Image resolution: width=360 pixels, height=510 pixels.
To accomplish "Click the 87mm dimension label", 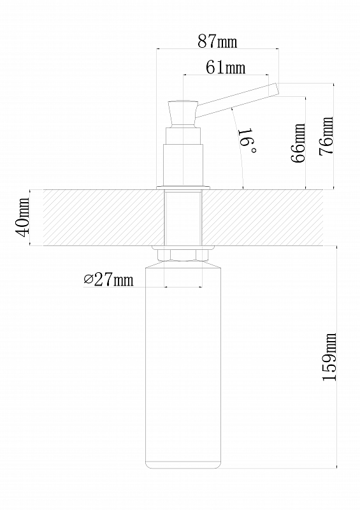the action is (217, 41).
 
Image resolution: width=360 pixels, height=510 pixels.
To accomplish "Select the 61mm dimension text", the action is (226, 68).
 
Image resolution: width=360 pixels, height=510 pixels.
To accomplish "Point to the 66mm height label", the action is (298, 142).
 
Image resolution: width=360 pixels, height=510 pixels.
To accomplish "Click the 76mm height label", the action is (326, 136).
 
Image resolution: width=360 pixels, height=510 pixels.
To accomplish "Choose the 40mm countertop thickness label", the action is (22, 217).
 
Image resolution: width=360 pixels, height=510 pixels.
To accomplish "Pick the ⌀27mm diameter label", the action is (108, 279).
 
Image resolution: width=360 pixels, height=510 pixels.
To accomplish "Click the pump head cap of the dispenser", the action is (183, 113).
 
